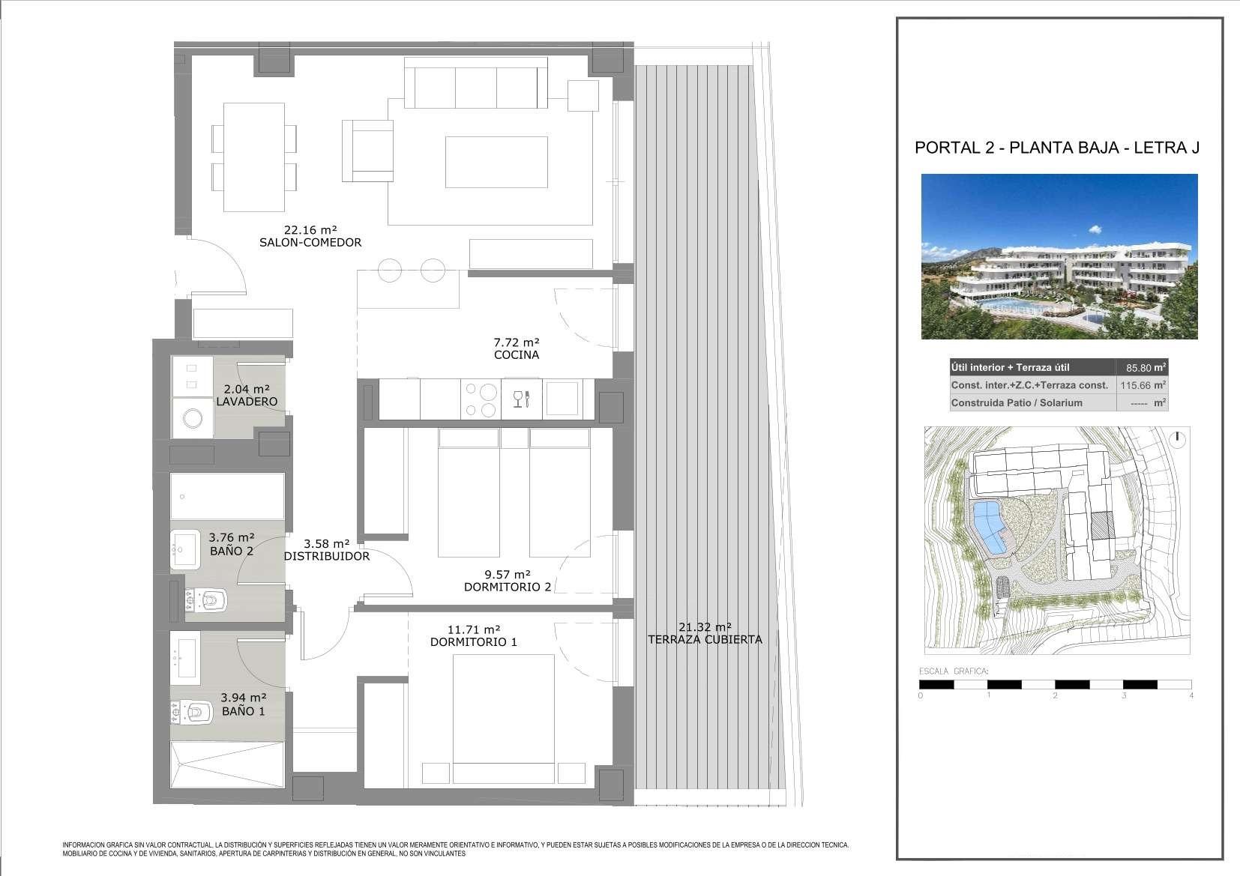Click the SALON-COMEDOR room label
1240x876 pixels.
pyautogui.click(x=310, y=242)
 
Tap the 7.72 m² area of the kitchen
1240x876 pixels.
pyautogui.click(x=517, y=342)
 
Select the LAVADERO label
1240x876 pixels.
pyautogui.click(x=247, y=402)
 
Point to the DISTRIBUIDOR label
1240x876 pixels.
pyautogui.click(x=327, y=556)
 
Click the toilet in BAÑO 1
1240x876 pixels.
pyautogui.click(x=191, y=713)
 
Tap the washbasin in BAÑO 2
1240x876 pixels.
pyautogui.click(x=185, y=549)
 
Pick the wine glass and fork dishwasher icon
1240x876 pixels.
pyautogui.click(x=522, y=399)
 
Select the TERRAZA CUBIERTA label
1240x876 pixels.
pyautogui.click(x=705, y=640)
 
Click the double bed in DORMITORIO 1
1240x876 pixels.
pyautogui.click(x=503, y=719)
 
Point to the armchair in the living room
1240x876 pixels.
pyautogui.click(x=367, y=151)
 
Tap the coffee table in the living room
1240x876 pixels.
pyautogui.click(x=496, y=162)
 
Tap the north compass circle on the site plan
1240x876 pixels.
pyautogui.click(x=1178, y=440)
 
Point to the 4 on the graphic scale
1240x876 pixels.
pyautogui.click(x=1191, y=695)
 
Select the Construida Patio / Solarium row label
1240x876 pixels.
pyautogui.click(x=1017, y=403)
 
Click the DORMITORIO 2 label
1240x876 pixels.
pyautogui.click(x=508, y=587)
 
